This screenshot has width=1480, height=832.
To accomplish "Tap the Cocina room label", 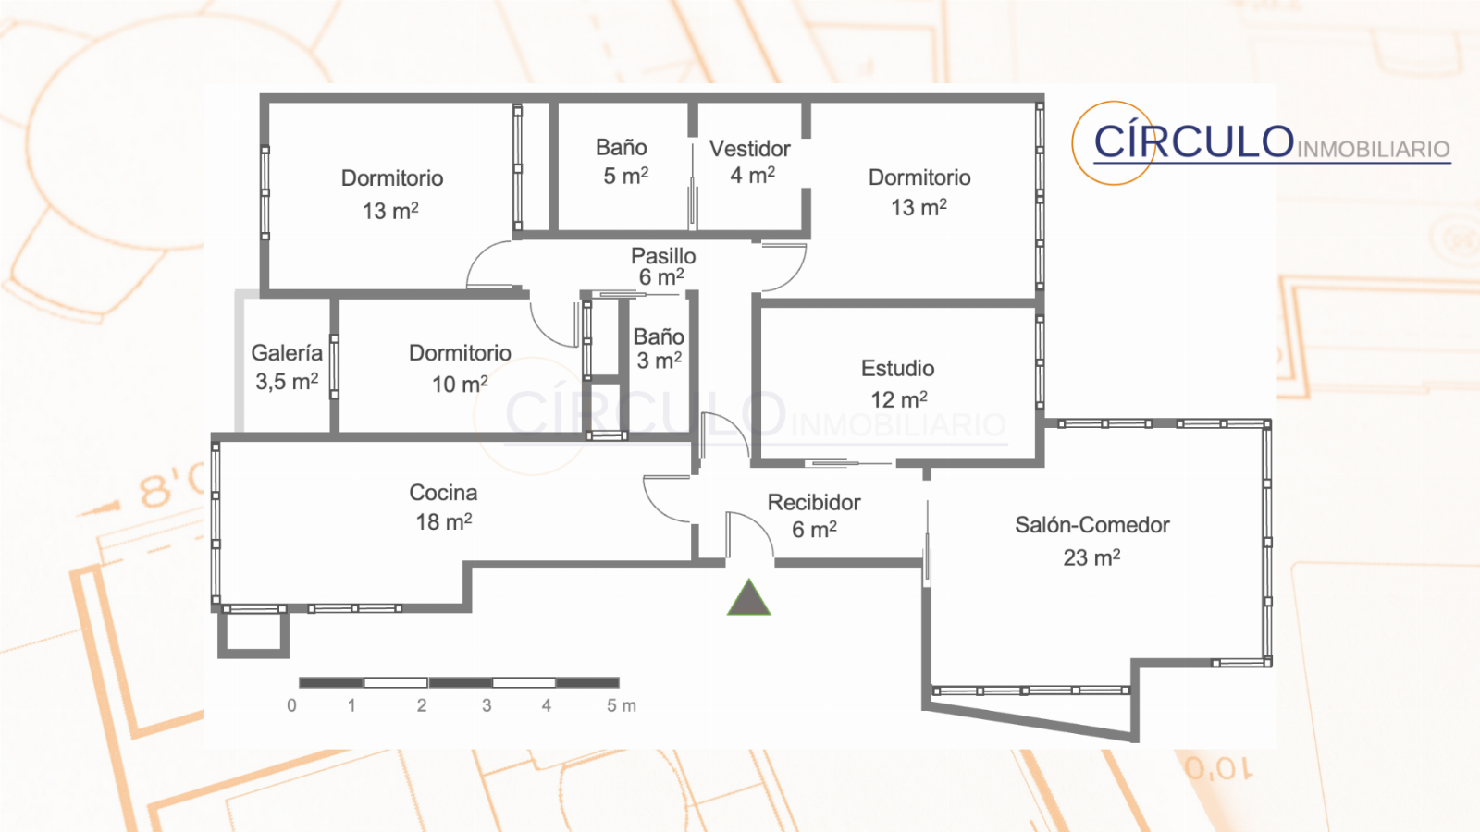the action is point(443,493).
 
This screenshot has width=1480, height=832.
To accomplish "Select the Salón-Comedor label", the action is point(1092,525).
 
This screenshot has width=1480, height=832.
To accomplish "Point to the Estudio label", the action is point(897,369).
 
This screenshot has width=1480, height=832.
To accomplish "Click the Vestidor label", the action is point(750,149).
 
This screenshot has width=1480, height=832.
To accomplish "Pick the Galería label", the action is point(287,352).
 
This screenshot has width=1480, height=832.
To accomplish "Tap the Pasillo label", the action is point(663,255).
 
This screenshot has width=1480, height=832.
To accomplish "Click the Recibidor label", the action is point(814,503).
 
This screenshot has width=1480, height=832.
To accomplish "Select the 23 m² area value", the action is point(1091,557).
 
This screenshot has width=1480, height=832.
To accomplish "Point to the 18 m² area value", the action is point(443,521).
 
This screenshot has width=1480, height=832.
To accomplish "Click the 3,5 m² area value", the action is point(287,381).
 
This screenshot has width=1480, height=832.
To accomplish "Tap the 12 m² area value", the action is point(898,398).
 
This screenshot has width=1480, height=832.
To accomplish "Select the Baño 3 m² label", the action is point(659,349).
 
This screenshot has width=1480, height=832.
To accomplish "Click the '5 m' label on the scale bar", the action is point(621,706).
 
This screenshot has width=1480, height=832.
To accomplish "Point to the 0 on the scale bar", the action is point(291,706).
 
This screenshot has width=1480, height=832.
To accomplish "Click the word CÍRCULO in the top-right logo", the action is point(1193,141).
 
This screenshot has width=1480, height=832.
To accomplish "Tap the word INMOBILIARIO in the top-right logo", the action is point(1374,149).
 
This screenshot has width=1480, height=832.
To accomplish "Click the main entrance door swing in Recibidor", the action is point(750,536).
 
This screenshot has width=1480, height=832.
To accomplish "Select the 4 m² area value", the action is point(752,175).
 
